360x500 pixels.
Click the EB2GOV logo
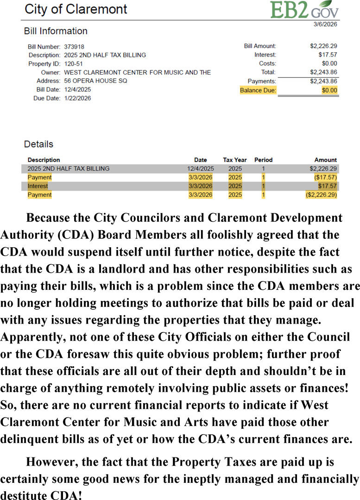tap(304, 10)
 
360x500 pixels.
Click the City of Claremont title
tap(76, 9)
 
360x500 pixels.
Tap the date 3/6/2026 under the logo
tap(326, 24)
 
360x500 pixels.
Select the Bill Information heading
tap(56, 31)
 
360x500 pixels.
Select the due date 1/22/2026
tap(77, 98)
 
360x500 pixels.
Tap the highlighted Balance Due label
tap(258, 90)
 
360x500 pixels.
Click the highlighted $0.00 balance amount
tap(329, 90)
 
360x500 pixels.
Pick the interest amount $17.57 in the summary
tap(327, 55)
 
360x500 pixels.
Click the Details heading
tap(38, 144)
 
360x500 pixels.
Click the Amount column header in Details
tap(325, 160)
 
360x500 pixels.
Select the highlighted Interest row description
tap(38, 186)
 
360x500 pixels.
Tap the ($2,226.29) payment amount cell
tap(321, 195)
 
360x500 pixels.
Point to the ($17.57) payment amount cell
tap(325, 177)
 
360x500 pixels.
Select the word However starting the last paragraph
tap(50, 462)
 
